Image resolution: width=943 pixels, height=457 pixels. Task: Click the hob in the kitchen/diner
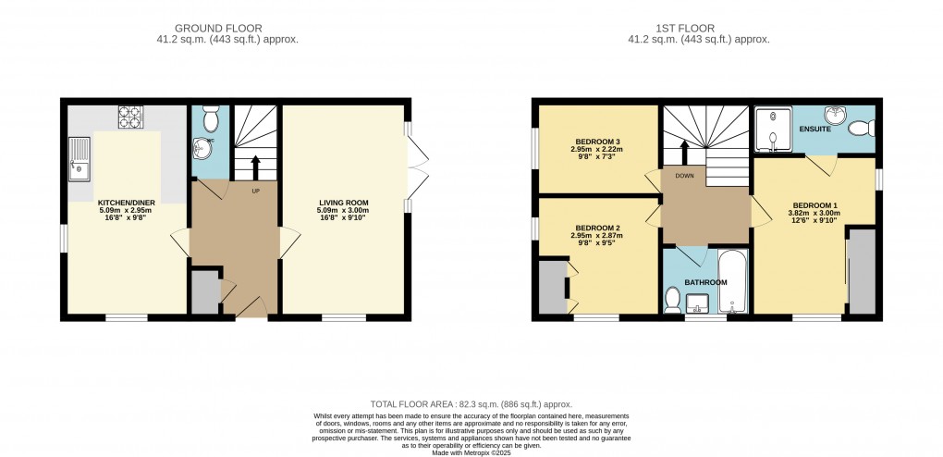[130, 117]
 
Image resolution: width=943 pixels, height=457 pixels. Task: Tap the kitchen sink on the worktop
[79, 159]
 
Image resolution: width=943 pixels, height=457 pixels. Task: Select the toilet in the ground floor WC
[211, 118]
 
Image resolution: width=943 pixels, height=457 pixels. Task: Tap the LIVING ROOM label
[343, 203]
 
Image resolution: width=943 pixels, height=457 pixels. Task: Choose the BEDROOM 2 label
[598, 228]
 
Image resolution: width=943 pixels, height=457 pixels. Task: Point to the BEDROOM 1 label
[814, 204]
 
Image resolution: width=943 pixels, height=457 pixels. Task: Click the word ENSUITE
[814, 129]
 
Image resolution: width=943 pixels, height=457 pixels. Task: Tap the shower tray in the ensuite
[774, 129]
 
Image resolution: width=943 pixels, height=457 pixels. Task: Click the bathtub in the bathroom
[732, 281]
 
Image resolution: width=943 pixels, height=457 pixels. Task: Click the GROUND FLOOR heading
[218, 29]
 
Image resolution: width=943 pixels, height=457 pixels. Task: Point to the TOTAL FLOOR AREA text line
[471, 404]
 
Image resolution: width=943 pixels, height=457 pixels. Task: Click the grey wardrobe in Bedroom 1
[862, 271]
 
